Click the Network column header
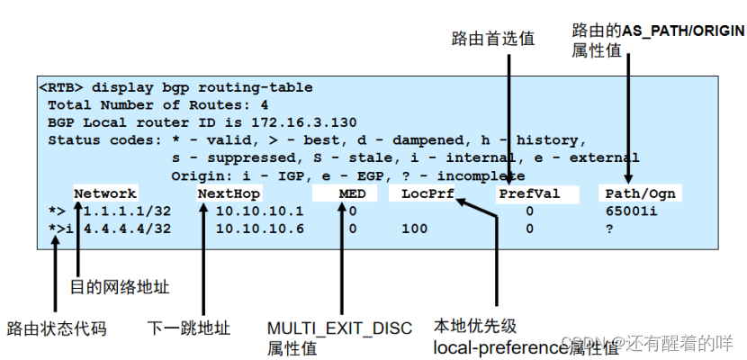click(105, 193)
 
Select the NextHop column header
click(229, 193)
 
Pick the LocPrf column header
click(427, 193)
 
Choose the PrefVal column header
click(528, 193)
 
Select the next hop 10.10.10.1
click(259, 211)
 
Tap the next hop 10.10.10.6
click(259, 229)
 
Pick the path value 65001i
click(630, 211)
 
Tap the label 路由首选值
click(492, 39)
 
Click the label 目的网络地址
click(119, 287)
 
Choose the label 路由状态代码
click(57, 328)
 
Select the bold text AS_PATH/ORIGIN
click(683, 31)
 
